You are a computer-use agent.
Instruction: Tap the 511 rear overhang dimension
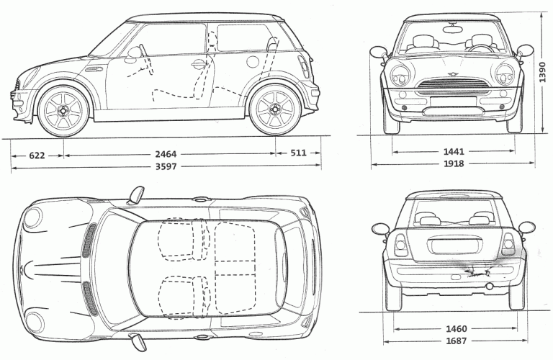coord(298,153)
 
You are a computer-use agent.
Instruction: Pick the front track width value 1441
coord(454,152)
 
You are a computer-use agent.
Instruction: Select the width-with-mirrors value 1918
coord(454,163)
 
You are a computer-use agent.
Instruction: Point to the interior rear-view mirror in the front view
coord(454,30)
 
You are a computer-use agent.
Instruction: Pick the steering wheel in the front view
coord(478,45)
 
